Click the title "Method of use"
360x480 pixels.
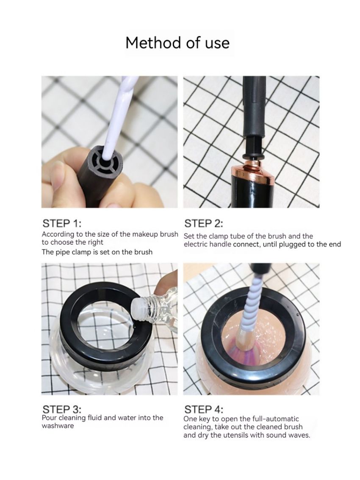point(177,43)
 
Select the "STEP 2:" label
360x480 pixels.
point(204,223)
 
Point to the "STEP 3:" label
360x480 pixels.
point(62,409)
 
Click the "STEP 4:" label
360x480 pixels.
point(204,409)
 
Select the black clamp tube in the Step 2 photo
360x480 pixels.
point(254,114)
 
